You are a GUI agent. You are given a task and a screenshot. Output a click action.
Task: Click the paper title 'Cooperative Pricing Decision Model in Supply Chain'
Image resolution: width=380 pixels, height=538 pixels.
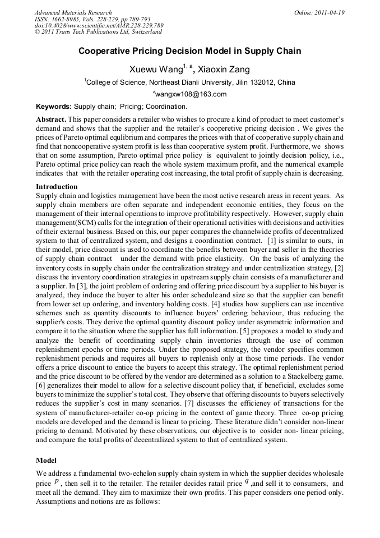click(189, 51)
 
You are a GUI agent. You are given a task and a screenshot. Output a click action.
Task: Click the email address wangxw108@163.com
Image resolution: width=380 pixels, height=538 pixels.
click(190, 94)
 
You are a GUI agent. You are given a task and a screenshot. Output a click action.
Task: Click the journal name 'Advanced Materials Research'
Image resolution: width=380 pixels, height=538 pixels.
click(73, 12)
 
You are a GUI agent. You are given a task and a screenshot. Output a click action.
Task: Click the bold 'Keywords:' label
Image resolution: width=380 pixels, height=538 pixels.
click(54, 107)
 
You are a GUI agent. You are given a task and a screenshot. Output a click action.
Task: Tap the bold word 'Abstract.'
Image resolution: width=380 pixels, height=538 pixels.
click(51, 120)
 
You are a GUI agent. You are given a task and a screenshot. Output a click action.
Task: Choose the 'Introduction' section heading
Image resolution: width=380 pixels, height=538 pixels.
click(57, 187)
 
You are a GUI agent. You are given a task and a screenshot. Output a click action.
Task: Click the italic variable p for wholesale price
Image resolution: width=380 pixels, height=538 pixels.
click(57, 481)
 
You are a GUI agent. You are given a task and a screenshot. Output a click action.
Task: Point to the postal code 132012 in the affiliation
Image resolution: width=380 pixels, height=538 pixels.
click(263, 82)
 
